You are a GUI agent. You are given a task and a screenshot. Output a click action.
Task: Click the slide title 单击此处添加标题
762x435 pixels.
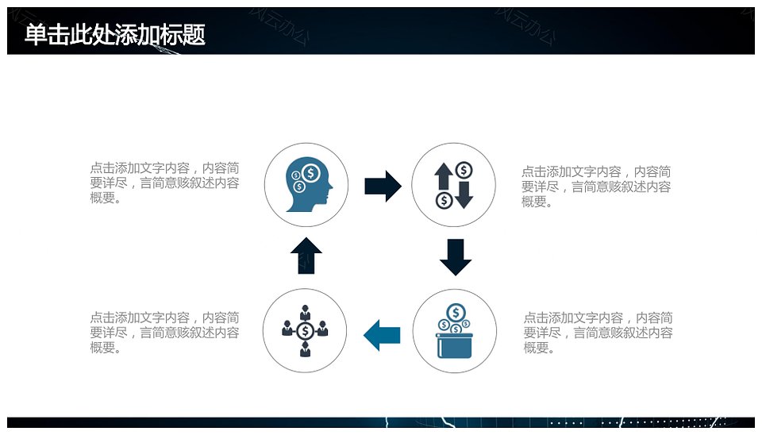pos(115,35)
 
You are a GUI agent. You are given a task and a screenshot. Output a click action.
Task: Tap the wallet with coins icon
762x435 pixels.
pos(455,332)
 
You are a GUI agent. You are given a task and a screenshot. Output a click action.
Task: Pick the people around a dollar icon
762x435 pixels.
pos(305,330)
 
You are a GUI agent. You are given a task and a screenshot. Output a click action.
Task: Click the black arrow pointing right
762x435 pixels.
pos(383,186)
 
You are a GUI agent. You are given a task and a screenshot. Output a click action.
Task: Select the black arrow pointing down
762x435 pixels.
pos(456,256)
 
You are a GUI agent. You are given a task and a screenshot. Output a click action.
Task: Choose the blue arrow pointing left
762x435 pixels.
pos(382,334)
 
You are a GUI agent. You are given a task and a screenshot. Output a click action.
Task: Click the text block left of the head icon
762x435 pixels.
pos(164,183)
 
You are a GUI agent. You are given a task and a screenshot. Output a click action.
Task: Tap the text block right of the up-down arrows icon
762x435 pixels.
pos(595,187)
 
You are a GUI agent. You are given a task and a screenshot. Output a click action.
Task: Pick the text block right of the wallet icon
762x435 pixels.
pos(598,333)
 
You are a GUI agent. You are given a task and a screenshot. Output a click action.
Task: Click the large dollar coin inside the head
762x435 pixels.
pos(310,172)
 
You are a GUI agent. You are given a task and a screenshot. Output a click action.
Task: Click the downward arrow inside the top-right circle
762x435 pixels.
pos(464,194)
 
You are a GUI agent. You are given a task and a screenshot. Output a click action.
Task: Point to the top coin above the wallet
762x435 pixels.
pos(456,312)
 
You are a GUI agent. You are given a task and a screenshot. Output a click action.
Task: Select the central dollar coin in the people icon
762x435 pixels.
pos(305,330)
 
